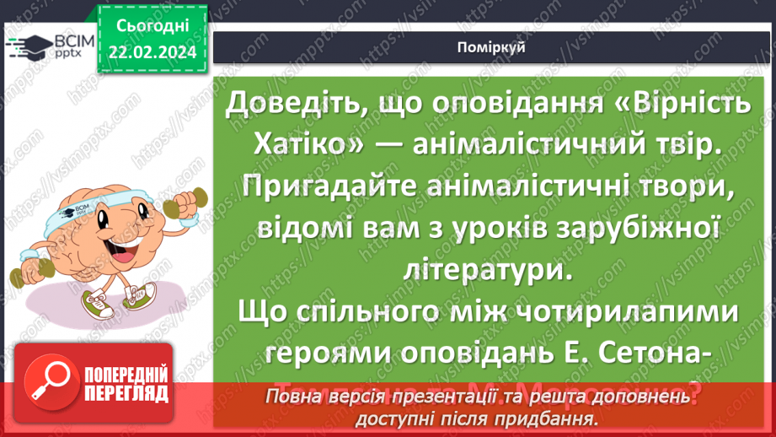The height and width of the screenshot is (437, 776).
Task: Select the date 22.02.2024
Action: tap(152, 52)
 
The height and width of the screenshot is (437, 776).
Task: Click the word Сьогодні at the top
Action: tap(152, 27)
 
